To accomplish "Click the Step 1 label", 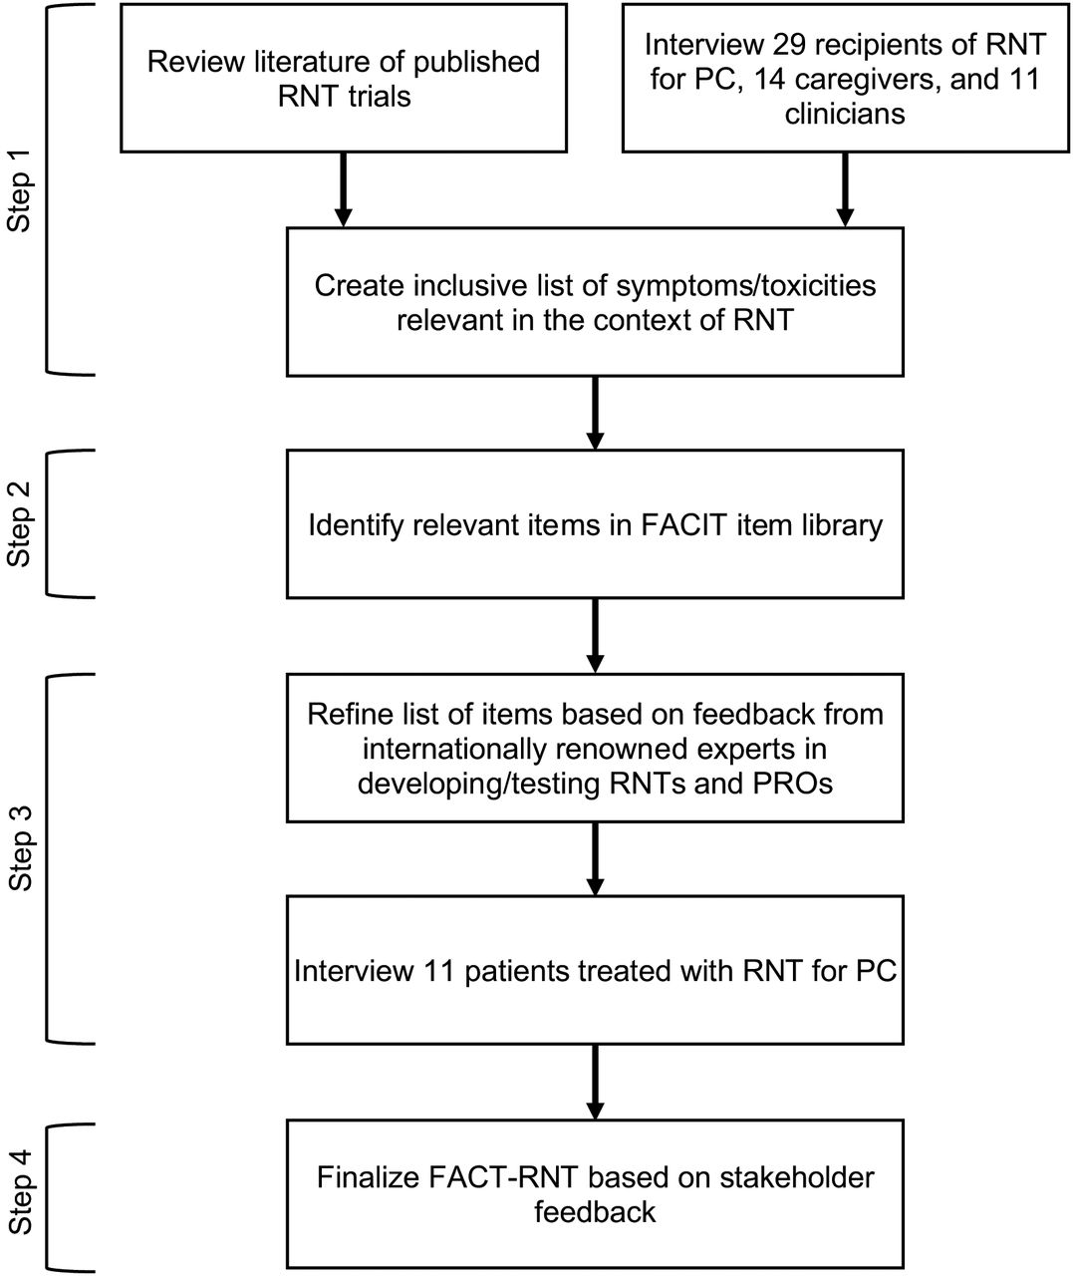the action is [19, 201].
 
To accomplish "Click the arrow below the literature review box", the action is [343, 189].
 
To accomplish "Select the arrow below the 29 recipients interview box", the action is [845, 189].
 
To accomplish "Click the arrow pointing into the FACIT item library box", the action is [595, 413].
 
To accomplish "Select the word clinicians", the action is [845, 115].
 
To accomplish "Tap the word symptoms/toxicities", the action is [746, 286].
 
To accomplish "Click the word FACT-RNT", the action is [503, 1177].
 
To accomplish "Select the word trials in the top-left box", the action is [379, 97].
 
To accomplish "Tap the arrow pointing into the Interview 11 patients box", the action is [595, 858].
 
